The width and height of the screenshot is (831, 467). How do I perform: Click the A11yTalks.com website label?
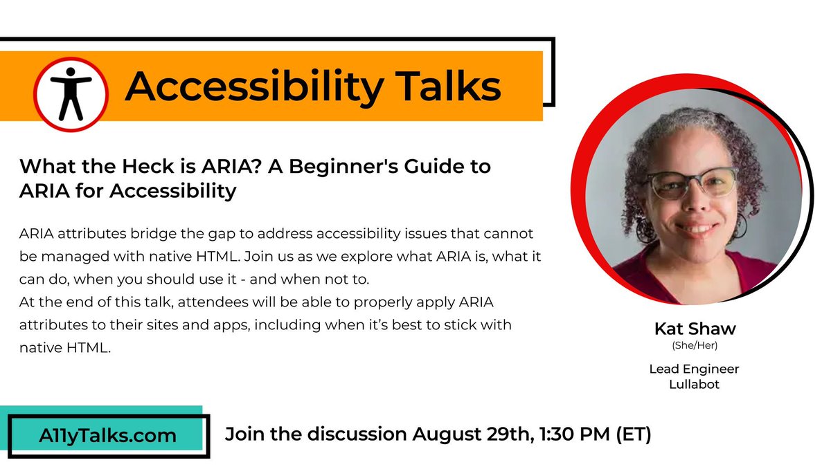click(x=98, y=436)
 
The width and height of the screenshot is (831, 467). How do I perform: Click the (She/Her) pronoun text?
click(x=694, y=345)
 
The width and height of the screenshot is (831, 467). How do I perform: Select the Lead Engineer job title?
click(x=694, y=369)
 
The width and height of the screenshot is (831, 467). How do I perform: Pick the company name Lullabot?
click(x=694, y=384)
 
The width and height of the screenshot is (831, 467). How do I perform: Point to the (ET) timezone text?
click(x=632, y=434)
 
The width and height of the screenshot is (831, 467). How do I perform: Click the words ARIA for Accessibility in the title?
click(x=128, y=190)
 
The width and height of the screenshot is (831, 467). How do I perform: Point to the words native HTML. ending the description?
click(x=65, y=348)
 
